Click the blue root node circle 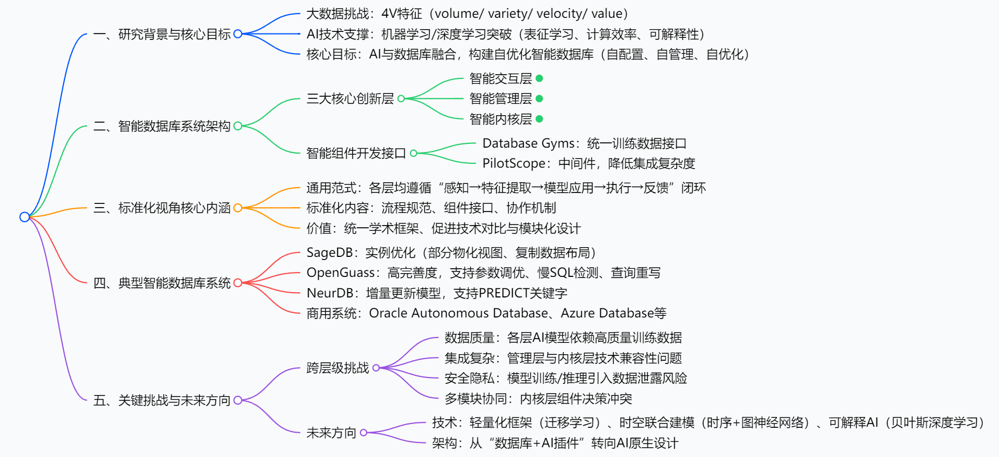(x=24, y=217)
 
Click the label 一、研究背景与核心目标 (x=162, y=34)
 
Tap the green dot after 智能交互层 (x=539, y=78)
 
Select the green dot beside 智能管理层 (x=539, y=98)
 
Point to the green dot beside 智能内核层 (x=539, y=118)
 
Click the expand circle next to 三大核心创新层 (x=401, y=98)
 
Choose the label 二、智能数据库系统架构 (x=162, y=126)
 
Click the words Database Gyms (x=528, y=143)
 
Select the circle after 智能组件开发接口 (x=413, y=153)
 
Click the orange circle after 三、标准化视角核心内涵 (x=238, y=208)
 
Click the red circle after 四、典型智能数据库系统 (x=238, y=283)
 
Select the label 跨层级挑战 (x=338, y=368)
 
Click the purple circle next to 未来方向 (x=364, y=433)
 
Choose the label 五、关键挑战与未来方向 (x=162, y=400)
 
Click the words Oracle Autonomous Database (x=458, y=313)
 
